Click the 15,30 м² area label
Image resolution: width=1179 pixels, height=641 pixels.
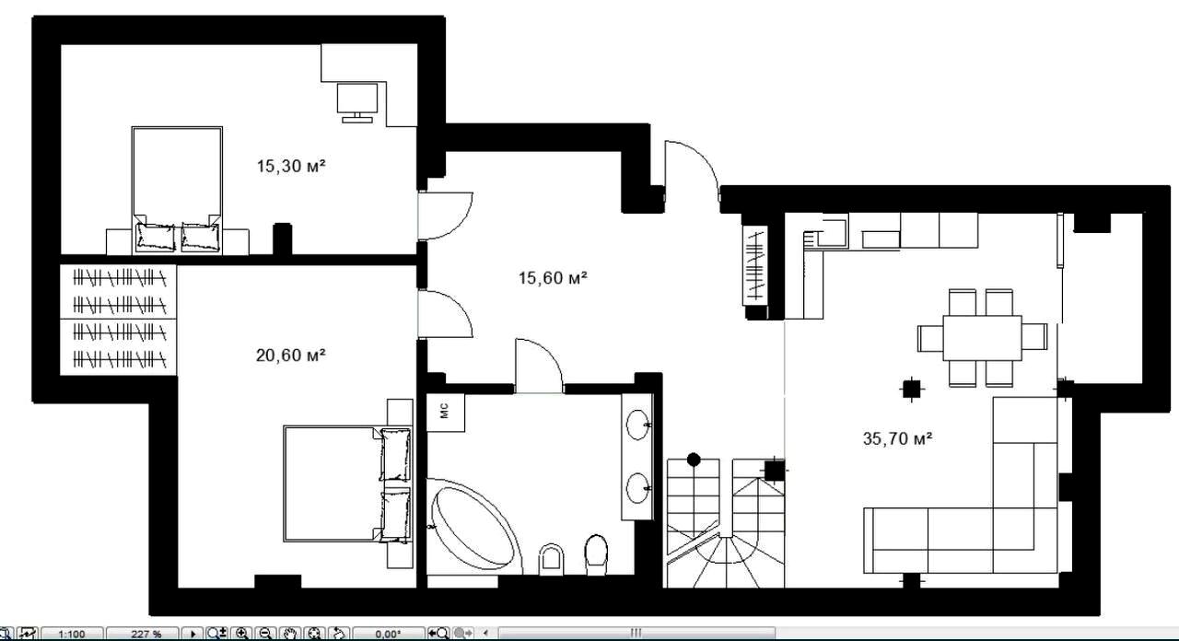tap(291, 167)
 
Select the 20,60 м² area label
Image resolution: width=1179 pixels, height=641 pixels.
tap(290, 355)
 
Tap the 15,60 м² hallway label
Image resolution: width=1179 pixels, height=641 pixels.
tap(553, 277)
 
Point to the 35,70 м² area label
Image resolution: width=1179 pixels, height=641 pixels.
tap(898, 438)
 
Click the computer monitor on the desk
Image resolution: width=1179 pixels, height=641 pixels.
tap(357, 102)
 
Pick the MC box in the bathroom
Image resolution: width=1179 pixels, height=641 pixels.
tap(445, 413)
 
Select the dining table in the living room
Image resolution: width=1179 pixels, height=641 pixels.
tap(982, 338)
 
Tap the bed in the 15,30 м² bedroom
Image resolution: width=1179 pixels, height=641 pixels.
tap(177, 190)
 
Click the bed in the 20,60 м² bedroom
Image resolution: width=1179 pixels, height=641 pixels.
tap(347, 484)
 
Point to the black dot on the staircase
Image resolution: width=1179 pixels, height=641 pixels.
tap(694, 460)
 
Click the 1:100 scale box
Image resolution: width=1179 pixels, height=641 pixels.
tap(72, 634)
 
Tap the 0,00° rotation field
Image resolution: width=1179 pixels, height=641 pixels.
tap(389, 634)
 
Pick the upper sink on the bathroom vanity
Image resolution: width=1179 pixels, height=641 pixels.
tap(638, 425)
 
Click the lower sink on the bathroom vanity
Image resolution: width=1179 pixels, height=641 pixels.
tap(638, 488)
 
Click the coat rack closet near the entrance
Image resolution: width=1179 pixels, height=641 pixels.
tap(756, 265)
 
